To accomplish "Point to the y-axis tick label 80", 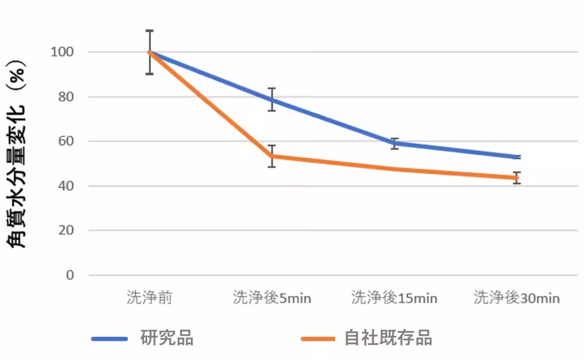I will coord(66,97).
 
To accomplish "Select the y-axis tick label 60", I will coord(66,142).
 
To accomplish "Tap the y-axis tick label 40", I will coord(66,186).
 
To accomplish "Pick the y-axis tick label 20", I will coord(66,231).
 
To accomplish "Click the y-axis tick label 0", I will coord(70,275).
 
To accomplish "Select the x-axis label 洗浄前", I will coord(149,298).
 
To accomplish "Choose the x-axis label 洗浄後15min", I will coord(394,298).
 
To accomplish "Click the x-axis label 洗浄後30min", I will coord(517,298).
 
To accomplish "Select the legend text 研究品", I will coord(167,338).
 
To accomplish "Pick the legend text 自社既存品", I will coord(388,338).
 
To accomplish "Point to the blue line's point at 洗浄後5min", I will coord(272,100).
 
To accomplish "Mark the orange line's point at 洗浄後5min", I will coord(272,156).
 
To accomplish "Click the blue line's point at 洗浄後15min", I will coord(395,143).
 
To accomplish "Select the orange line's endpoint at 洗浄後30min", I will coord(517,178).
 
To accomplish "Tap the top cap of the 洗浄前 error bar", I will coord(149,31).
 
